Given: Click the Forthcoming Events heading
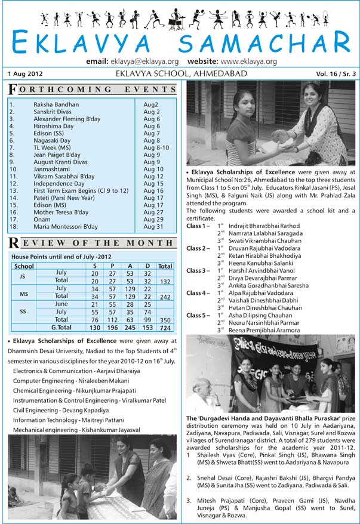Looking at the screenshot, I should (93, 90).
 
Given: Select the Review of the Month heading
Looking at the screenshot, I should (93, 242).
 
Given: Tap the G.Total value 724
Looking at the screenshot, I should (165, 328).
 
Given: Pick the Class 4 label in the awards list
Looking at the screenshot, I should (198, 293).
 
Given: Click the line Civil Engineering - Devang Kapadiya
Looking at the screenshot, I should (61, 410).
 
